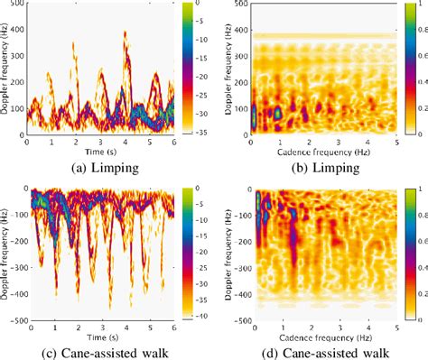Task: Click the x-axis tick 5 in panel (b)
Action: [x=395, y=143]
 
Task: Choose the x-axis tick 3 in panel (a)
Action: [x=101, y=143]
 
